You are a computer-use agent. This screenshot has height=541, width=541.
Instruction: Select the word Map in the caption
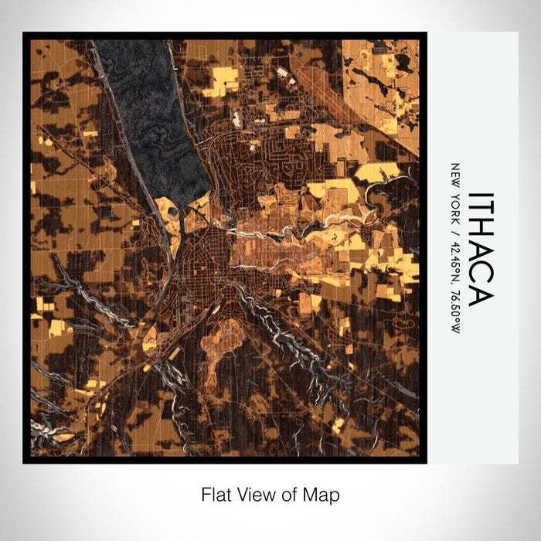[322, 494]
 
